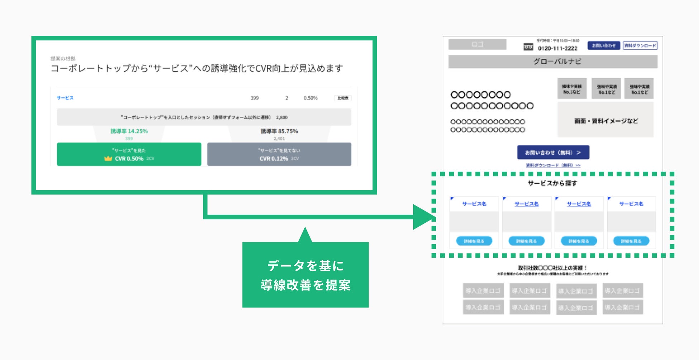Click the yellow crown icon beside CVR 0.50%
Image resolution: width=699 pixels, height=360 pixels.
pos(108,158)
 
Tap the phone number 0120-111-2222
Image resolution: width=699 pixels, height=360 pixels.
pos(557,48)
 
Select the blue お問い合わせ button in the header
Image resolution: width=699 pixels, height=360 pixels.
pos(604,46)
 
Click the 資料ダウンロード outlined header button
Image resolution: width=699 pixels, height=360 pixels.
pos(640,46)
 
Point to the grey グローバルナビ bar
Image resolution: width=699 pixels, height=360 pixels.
pos(553,61)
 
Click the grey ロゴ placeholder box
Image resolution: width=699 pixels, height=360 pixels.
pos(477,44)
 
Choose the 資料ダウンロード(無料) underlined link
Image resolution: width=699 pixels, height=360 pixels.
pos(553,165)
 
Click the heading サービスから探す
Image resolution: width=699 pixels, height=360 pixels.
pos(552,183)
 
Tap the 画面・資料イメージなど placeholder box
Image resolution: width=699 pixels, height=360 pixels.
pos(606,121)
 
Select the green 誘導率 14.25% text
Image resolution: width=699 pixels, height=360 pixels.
pos(129,131)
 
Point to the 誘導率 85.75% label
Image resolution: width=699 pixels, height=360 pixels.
pos(279,131)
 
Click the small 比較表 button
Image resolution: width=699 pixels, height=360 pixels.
pos(343,98)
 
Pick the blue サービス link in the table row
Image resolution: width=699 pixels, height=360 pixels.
pos(65,98)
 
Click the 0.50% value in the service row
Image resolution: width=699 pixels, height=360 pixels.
pos(310,98)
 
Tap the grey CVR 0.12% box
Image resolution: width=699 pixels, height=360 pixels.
pos(279,155)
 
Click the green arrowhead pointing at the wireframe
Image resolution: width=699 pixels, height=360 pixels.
pos(423,217)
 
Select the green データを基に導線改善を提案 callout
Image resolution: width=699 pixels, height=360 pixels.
pos(305,275)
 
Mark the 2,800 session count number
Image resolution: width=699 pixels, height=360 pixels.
pos(282,117)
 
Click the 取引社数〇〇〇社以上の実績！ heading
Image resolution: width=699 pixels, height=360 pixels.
pos(552,268)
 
